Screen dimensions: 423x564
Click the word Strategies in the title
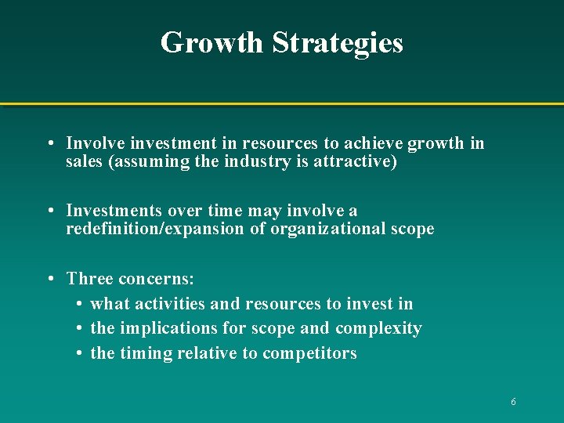click(x=338, y=42)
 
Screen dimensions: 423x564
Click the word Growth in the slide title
click(x=211, y=42)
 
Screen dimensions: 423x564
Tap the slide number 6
click(x=513, y=402)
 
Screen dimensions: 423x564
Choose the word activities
click(x=173, y=304)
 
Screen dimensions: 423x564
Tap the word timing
click(x=145, y=354)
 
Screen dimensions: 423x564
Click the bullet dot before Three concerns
click(x=50, y=280)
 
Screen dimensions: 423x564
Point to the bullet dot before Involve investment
click(x=50, y=144)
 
